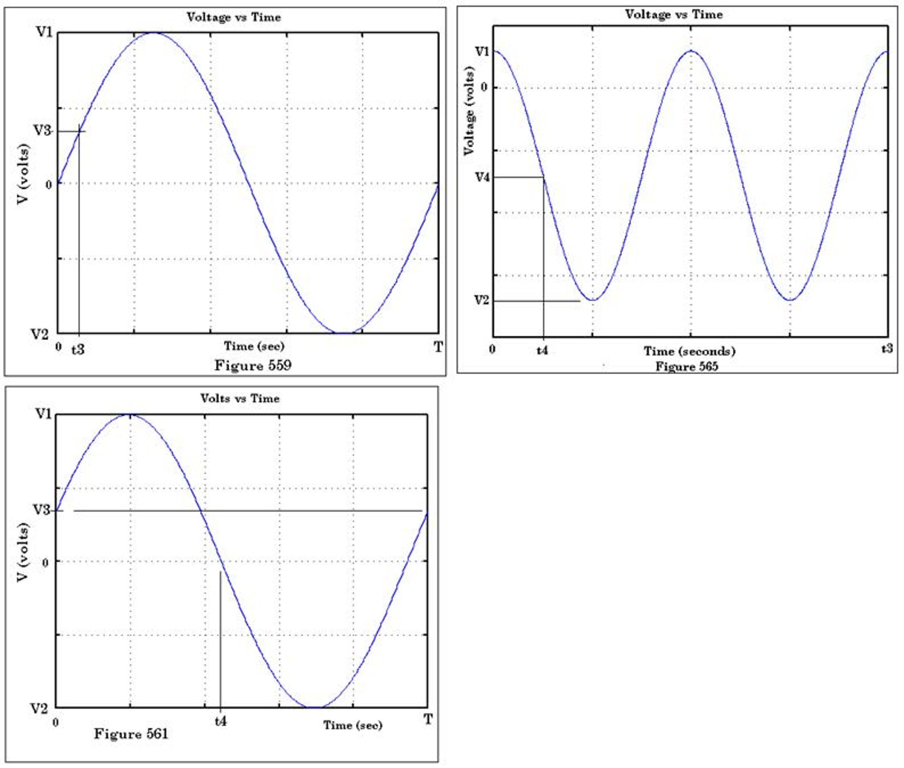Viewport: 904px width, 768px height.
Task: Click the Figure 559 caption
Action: pyautogui.click(x=253, y=365)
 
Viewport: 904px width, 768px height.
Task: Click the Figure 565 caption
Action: pyautogui.click(x=686, y=367)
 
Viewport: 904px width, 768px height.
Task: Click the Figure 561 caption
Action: pyautogui.click(x=131, y=734)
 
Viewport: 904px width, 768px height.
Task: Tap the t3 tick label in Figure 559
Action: pyautogui.click(x=78, y=350)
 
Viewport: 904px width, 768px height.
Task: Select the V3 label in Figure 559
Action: pyautogui.click(x=42, y=130)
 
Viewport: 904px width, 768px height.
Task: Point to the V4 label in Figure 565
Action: pyautogui.click(x=482, y=177)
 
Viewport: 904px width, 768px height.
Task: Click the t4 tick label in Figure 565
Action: pyautogui.click(x=542, y=351)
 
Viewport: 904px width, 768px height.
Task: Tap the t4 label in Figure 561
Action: pyautogui.click(x=220, y=722)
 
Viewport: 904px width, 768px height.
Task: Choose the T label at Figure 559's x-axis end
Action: pyautogui.click(x=437, y=347)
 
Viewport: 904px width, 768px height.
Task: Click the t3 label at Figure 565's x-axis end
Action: pyautogui.click(x=887, y=349)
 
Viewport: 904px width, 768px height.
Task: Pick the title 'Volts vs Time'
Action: pyautogui.click(x=240, y=398)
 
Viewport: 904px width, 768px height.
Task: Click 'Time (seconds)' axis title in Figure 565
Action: pyautogui.click(x=689, y=352)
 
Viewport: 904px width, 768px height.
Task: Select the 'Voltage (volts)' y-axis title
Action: pyautogui.click(x=469, y=111)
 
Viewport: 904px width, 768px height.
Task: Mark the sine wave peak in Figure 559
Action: pyautogui.click(x=153, y=33)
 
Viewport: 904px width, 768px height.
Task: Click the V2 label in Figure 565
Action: pyautogui.click(x=482, y=300)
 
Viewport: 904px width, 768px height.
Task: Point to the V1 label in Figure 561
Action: pyautogui.click(x=43, y=414)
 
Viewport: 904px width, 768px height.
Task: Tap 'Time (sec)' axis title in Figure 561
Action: pyautogui.click(x=353, y=725)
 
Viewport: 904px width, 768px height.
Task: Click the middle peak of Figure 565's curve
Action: pyautogui.click(x=691, y=51)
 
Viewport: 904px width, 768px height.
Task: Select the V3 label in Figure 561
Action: pyautogui.click(x=42, y=510)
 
